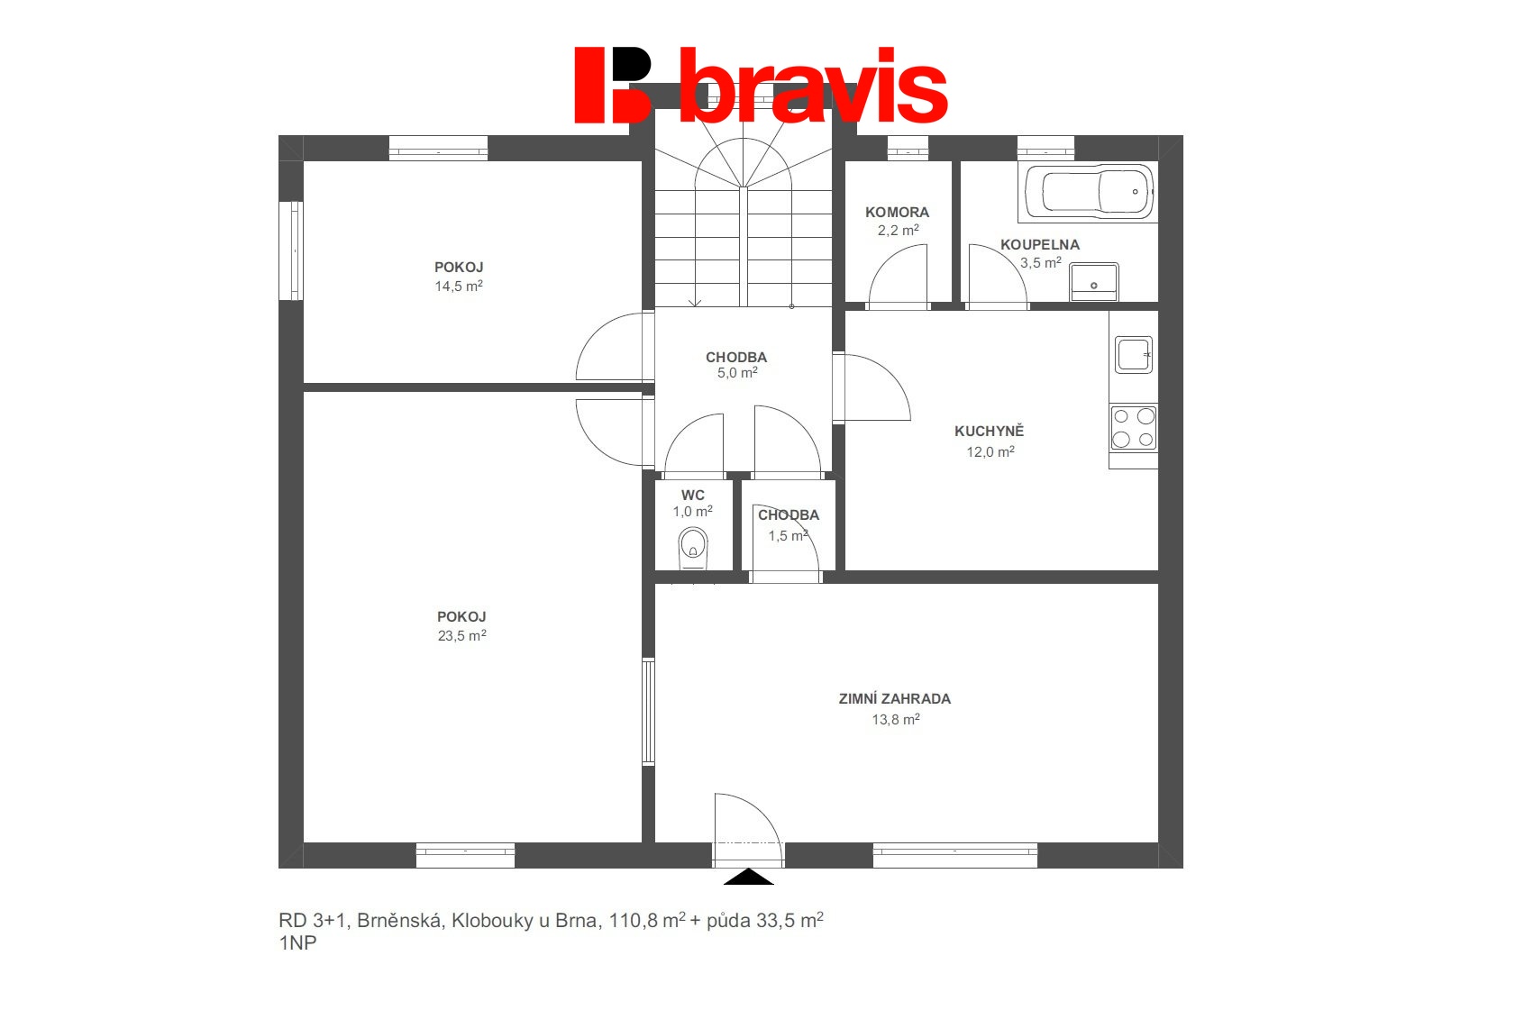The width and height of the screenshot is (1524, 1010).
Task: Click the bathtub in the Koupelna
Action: pos(1088,192)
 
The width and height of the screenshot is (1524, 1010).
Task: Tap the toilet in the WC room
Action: pos(692,548)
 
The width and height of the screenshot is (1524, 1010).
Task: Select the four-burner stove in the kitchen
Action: pos(1133,427)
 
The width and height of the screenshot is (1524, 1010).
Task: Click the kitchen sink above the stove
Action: pos(1133,354)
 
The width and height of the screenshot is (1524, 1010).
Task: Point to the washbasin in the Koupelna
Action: pos(1093,282)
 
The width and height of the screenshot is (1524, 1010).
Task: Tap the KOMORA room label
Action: pos(897,213)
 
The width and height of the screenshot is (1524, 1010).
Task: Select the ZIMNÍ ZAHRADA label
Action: pos(894,698)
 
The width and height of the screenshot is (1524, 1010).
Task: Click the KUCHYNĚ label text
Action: pos(989,431)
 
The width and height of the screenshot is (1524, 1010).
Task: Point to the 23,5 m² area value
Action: pos(461,635)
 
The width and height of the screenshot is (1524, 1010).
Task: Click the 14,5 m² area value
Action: pos(459,286)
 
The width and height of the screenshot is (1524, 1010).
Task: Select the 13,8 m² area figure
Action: pos(895,719)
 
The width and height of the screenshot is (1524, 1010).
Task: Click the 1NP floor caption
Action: pos(297,942)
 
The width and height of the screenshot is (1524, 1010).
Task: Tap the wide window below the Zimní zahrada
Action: pos(954,855)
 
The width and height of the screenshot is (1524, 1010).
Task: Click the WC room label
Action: pos(692,496)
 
